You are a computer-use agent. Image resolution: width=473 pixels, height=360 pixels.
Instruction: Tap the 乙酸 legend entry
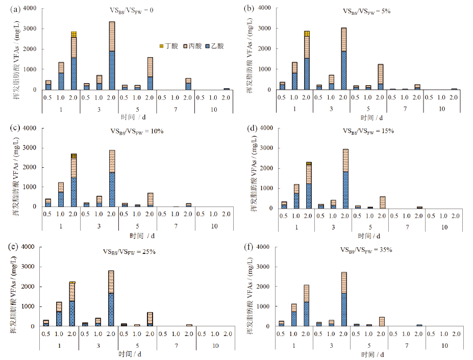click(215, 46)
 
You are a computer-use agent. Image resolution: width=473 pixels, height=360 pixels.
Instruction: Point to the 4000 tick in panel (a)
click(30, 9)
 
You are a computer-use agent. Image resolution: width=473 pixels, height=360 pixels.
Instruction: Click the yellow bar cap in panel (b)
click(307, 34)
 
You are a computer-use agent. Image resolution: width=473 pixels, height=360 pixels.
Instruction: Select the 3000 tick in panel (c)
click(30, 148)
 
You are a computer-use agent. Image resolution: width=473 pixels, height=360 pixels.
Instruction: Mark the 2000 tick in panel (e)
click(30, 287)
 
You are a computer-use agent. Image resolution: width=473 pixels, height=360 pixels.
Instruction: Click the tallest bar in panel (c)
click(112, 178)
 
